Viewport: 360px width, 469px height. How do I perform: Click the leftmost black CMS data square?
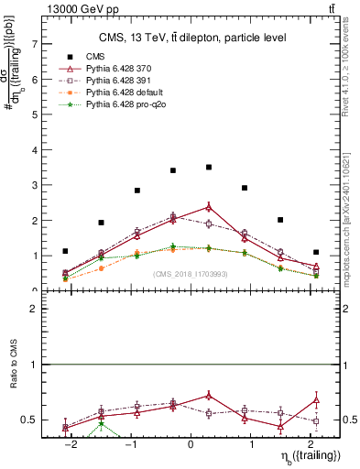click(65, 251)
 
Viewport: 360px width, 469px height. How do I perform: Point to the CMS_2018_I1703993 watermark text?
click(190, 275)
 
